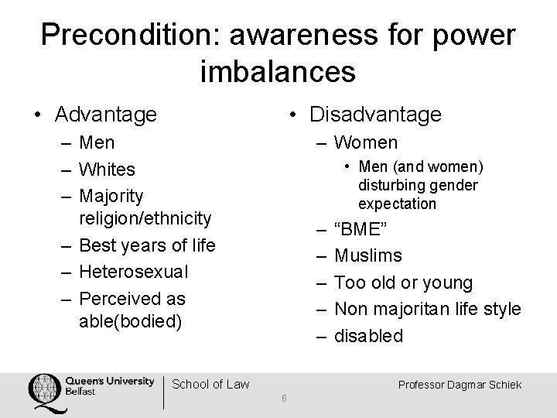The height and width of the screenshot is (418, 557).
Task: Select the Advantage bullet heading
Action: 105,115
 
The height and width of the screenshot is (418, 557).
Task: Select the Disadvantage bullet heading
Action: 374,115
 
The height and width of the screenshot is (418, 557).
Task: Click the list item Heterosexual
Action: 133,272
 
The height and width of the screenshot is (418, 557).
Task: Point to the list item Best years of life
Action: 147,246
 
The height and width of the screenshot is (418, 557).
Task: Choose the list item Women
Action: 366,142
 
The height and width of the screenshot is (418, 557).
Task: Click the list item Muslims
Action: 368,255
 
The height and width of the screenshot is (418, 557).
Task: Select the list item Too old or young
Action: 402,283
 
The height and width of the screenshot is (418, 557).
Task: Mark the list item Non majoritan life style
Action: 427,309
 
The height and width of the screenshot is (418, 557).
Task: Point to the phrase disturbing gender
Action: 418,186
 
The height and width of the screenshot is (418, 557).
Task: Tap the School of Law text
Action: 210,384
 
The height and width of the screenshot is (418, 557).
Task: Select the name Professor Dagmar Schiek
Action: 461,384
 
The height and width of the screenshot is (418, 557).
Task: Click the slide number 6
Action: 285,399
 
